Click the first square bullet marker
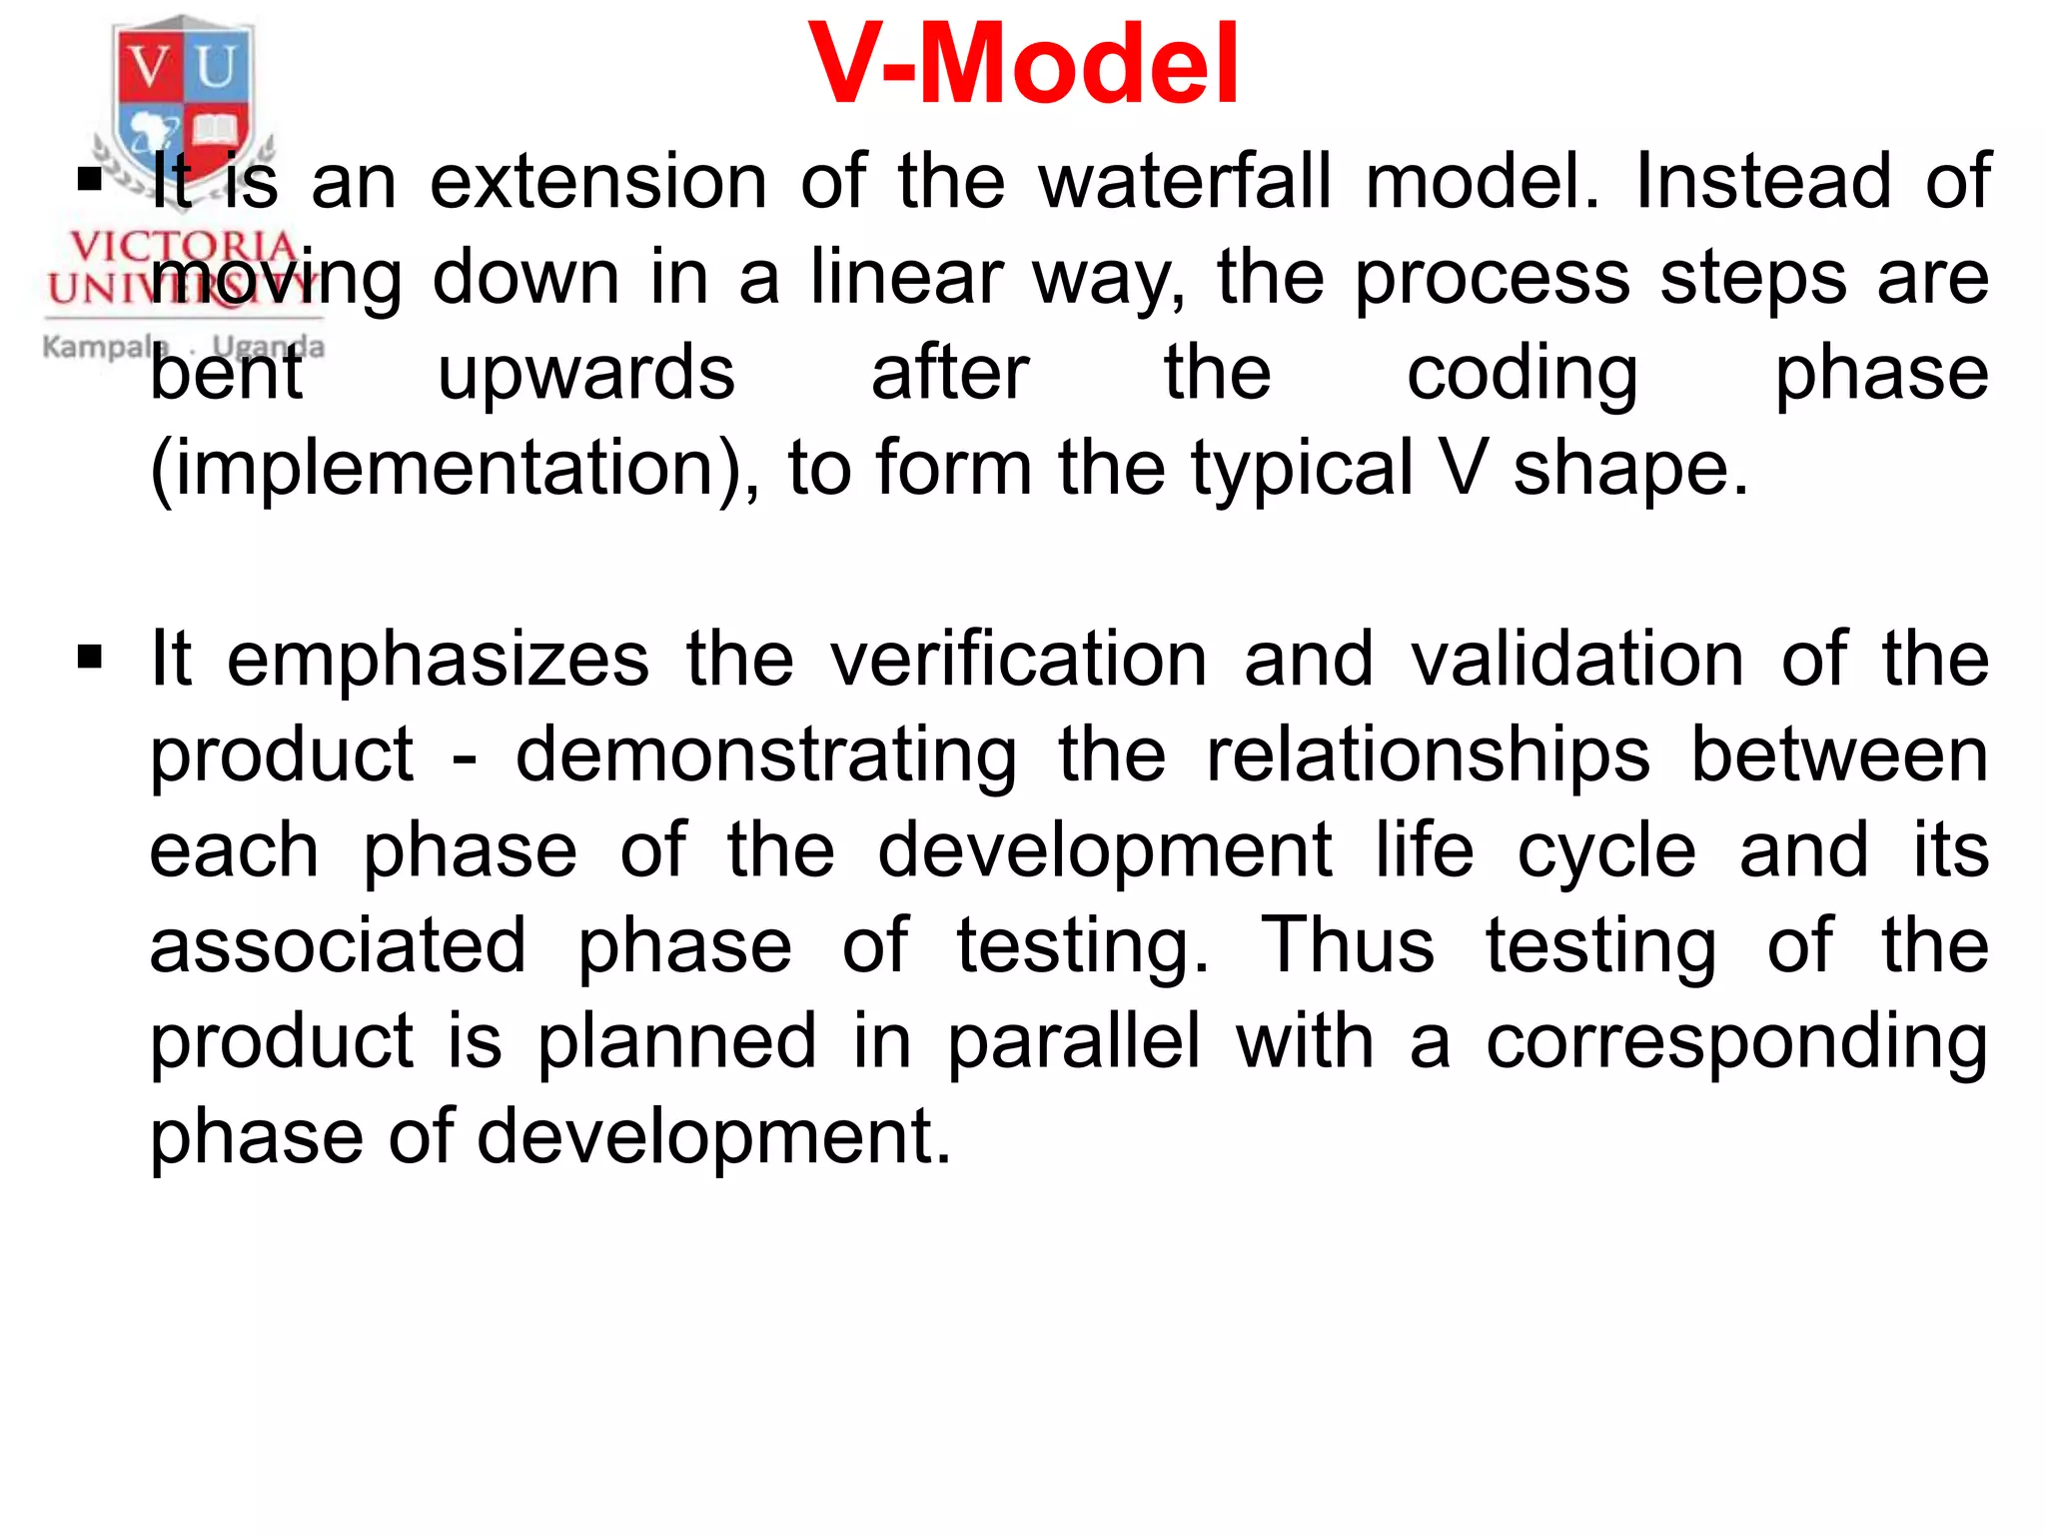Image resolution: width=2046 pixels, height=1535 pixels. click(x=90, y=180)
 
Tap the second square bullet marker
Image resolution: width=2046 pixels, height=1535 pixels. click(x=90, y=658)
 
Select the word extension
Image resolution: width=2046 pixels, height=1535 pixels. click(x=598, y=182)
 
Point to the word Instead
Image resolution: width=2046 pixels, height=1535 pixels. click(x=1763, y=182)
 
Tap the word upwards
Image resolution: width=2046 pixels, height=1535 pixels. click(x=586, y=373)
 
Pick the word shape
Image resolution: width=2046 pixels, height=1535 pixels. click(x=1630, y=469)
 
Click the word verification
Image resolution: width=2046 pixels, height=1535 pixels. click(x=1019, y=659)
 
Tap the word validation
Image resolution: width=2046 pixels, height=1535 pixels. click(x=1577, y=659)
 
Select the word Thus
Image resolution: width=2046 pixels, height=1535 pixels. click(x=1348, y=944)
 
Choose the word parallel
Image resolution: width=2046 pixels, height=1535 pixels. click(x=1074, y=1041)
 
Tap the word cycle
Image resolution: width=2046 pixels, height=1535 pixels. click(x=1606, y=851)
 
